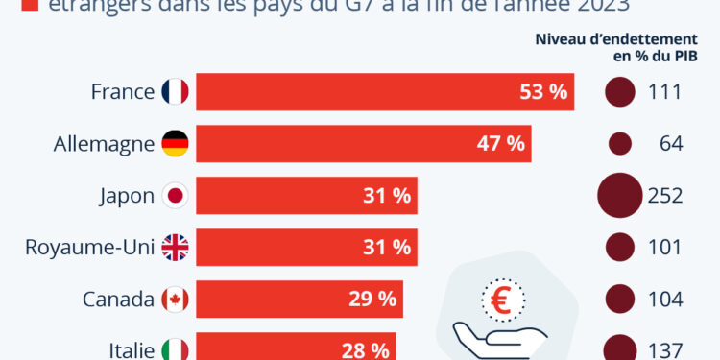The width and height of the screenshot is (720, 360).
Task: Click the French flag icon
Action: point(176,92)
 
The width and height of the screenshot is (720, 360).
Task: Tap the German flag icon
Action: point(176,144)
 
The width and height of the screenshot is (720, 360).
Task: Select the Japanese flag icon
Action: point(176,196)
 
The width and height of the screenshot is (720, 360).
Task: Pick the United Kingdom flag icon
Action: point(176,248)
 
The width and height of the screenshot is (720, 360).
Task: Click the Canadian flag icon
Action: point(176,300)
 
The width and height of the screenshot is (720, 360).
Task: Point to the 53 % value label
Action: point(543,92)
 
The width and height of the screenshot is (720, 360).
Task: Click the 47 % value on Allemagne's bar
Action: point(501,144)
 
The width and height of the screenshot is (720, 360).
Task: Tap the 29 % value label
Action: point(372,300)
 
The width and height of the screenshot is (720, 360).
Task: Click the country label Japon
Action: point(127,196)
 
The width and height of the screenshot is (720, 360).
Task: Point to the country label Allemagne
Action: point(104,144)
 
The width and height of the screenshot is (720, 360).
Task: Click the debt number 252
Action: point(665,196)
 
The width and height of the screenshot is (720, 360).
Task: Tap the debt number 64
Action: point(670,144)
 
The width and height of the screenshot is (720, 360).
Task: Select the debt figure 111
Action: point(665,92)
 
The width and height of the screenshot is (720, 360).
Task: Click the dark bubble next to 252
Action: point(619,196)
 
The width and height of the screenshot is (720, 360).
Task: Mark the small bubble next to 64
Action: point(619,144)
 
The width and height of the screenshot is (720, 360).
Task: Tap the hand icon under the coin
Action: point(499,338)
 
